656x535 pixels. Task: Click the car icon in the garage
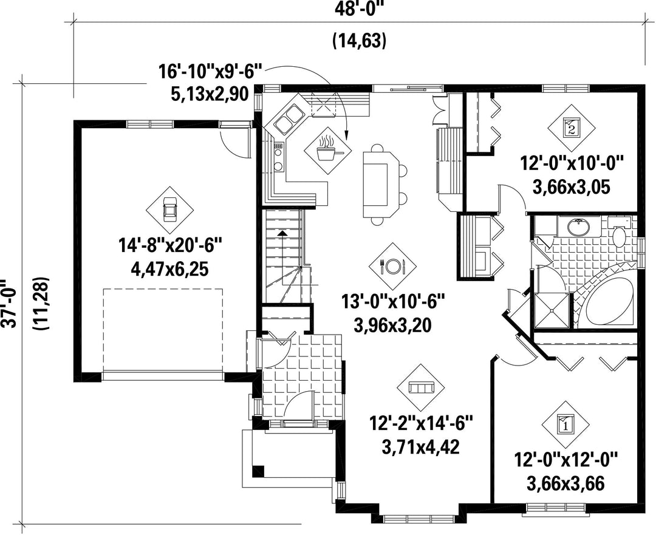point(169,210)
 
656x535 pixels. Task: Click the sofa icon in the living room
point(420,387)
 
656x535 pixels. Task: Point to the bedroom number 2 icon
point(571,127)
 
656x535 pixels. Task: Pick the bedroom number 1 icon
point(565,424)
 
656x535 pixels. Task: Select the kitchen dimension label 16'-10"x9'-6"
point(210,72)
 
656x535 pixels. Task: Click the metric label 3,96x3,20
point(392,325)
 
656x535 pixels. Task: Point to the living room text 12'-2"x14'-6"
point(421,423)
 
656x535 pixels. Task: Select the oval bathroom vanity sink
point(579,227)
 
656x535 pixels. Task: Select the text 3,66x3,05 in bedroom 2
point(571,187)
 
